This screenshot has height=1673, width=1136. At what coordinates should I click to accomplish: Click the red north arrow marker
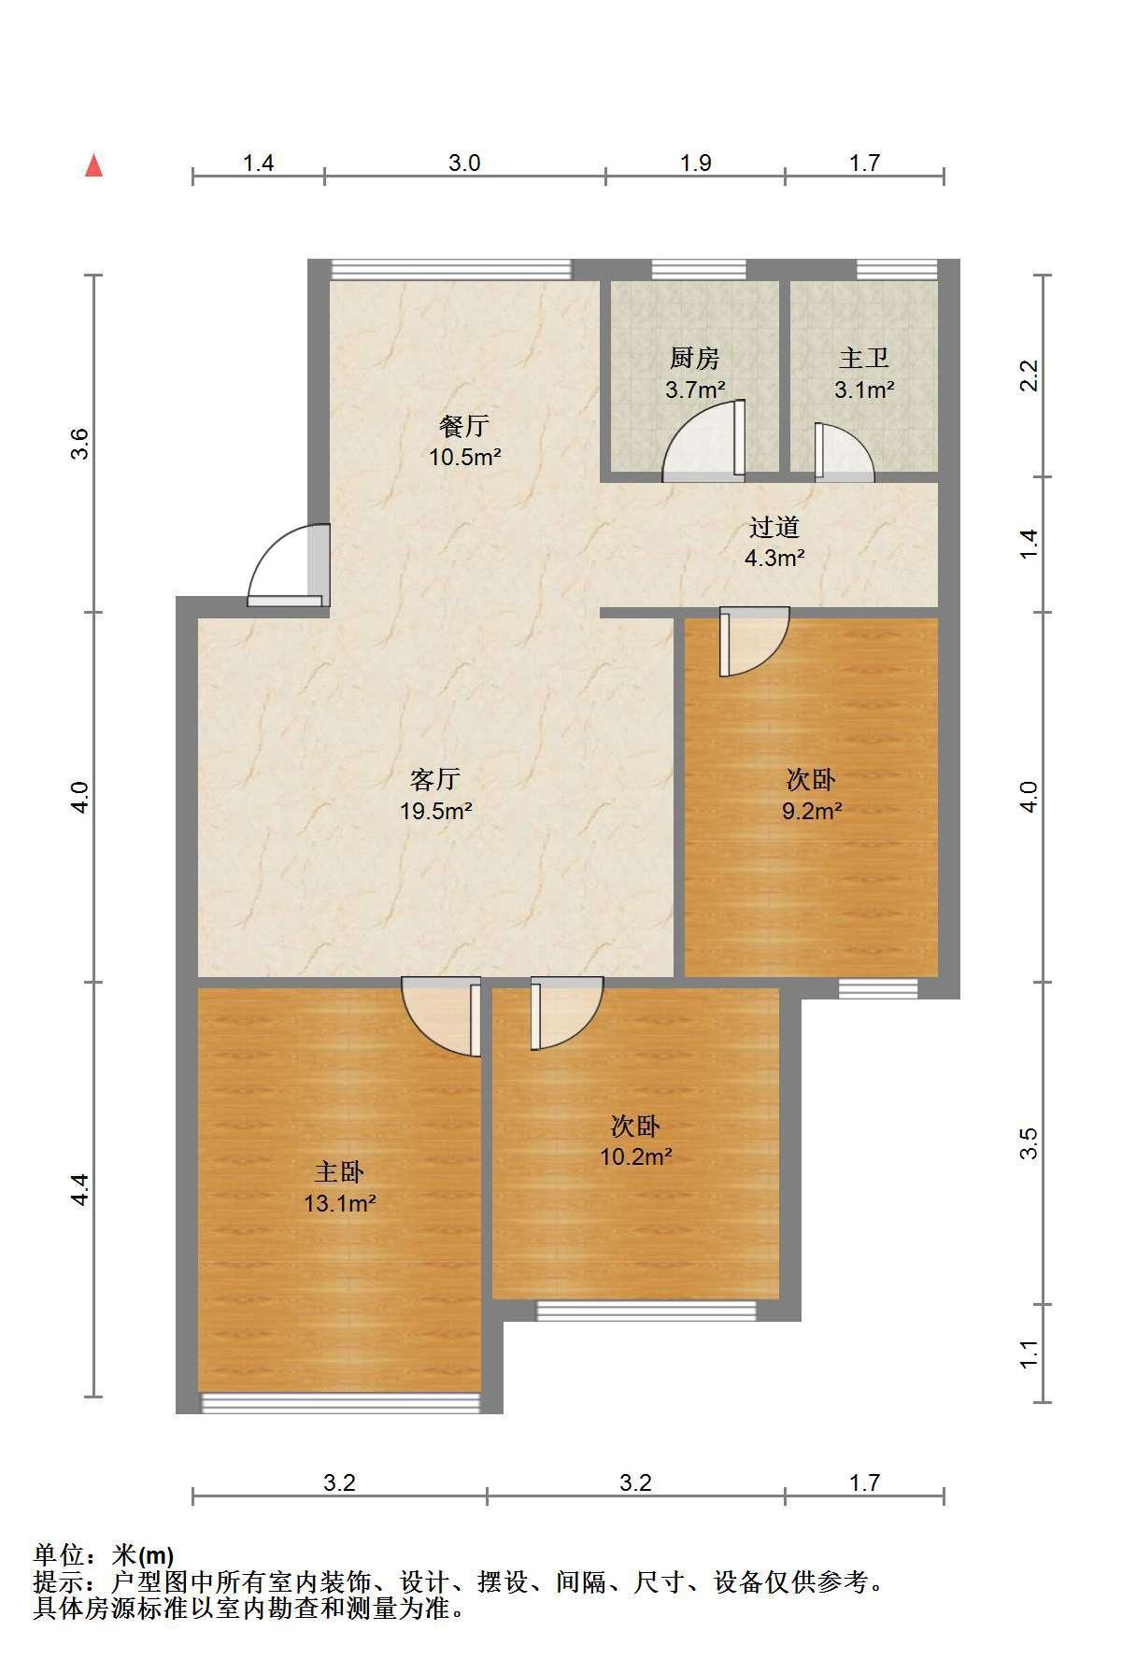pos(93,166)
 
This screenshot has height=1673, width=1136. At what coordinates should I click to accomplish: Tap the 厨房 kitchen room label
pos(695,358)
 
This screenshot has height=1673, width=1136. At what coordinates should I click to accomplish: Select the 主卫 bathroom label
pos(864,358)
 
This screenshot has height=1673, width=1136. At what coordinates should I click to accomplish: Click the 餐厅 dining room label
pos(464,426)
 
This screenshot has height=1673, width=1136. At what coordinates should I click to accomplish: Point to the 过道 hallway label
pos(774,528)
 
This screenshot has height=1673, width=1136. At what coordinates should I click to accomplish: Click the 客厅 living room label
pos(436,779)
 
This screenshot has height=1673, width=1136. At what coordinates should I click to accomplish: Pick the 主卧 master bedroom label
pos(339,1171)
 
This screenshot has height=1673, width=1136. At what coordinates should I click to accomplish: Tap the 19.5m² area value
pos(436,811)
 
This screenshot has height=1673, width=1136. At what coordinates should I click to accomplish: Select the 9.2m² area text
pos(812,811)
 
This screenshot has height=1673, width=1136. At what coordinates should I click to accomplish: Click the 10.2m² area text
pos(636,1157)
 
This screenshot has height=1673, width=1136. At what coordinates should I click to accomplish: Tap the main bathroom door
pos(845,452)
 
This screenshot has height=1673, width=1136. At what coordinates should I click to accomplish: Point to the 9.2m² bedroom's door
pos(754,641)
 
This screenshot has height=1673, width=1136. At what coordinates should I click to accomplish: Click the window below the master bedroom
pos(340,1402)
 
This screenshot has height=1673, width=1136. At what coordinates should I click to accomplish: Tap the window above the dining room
pos(450,269)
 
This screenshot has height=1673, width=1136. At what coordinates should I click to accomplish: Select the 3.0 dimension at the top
pos(464,163)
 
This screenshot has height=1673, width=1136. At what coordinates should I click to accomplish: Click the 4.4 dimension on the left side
pos(80,1189)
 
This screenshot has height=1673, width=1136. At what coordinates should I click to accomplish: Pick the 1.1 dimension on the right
pos(1029,1354)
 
